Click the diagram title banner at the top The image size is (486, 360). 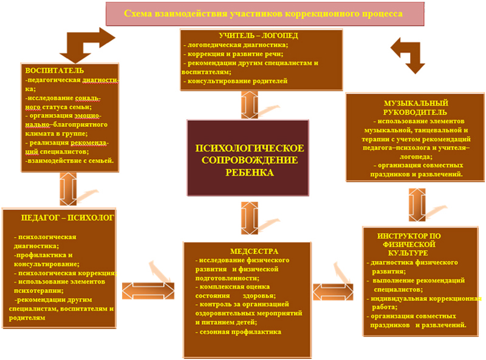click(x=263, y=13)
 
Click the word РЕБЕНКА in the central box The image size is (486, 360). click(x=249, y=172)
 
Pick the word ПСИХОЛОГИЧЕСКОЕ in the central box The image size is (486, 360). click(x=249, y=149)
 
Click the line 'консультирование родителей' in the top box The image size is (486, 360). click(x=237, y=81)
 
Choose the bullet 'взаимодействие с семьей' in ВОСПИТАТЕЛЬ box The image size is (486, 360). click(x=70, y=161)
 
